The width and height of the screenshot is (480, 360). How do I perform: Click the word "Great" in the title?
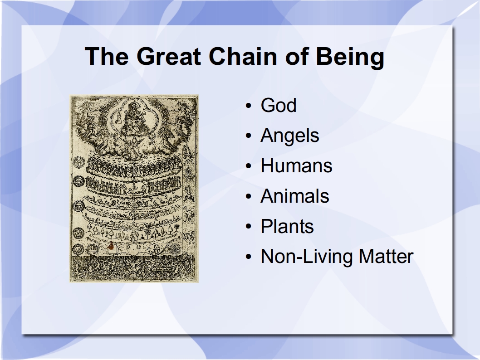coord(169,56)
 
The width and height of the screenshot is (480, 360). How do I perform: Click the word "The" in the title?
coord(107,56)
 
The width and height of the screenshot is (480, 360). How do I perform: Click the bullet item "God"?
coord(278,105)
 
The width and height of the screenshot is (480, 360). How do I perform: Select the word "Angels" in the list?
coord(289,136)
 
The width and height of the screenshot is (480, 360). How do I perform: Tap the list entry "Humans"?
coord(296,165)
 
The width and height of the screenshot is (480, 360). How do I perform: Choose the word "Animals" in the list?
coord(294,196)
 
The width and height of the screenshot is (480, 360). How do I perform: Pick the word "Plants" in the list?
coord(287,226)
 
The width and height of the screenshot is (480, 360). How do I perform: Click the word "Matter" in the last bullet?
coord(386,256)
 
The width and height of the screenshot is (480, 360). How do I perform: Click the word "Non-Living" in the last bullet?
coord(307,256)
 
